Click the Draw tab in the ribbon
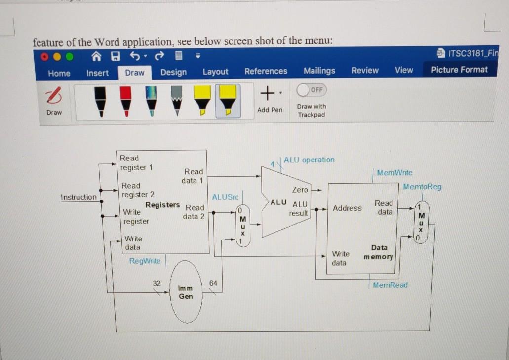(134, 73)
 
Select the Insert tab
(97, 73)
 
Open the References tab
(266, 71)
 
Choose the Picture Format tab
(459, 70)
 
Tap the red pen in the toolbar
(126, 101)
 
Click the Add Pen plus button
(267, 92)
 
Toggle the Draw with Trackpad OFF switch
(311, 90)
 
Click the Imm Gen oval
(186, 292)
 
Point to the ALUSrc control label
(225, 197)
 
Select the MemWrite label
(394, 173)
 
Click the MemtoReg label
(422, 187)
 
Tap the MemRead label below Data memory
(390, 285)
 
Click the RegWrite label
(145, 261)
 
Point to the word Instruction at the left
(78, 197)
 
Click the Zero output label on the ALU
(300, 190)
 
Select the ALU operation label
(309, 160)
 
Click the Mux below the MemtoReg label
(421, 222)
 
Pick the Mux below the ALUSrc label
(242, 225)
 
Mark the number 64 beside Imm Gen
(213, 283)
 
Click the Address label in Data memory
(347, 208)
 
